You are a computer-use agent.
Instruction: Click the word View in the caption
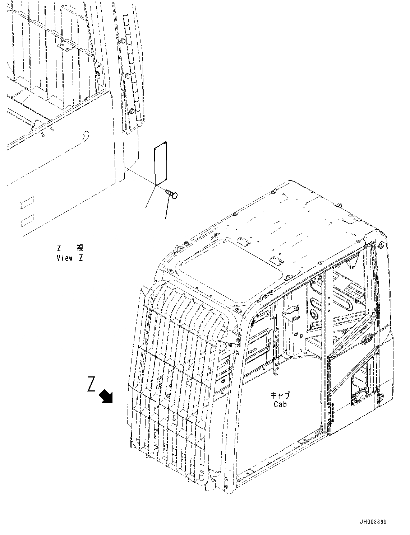pos(65,258)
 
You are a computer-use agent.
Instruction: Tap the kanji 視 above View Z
pos(80,248)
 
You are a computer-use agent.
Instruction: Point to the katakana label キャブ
pos(280,395)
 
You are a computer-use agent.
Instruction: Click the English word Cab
pos(280,404)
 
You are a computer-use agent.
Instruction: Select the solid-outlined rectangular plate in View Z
pos(160,164)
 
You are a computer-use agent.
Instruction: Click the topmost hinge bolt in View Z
pos(123,43)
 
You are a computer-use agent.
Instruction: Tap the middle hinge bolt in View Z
pos(127,76)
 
